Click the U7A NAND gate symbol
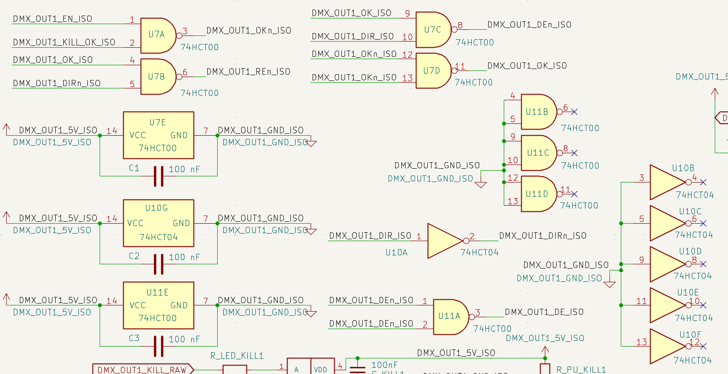coord(158,35)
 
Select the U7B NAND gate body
coord(158,77)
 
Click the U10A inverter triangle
coord(444,241)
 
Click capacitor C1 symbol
coord(159,176)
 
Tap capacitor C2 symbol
coord(159,264)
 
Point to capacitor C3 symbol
coord(159,346)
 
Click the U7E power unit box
coord(158,135)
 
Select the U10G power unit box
coord(158,223)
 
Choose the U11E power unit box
coord(158,305)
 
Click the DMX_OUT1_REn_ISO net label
coord(248,72)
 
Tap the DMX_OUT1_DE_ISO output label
coord(544,312)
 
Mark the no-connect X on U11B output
coord(574,112)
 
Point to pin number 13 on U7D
coord(407,78)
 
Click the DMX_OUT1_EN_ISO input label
coord(52,19)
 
